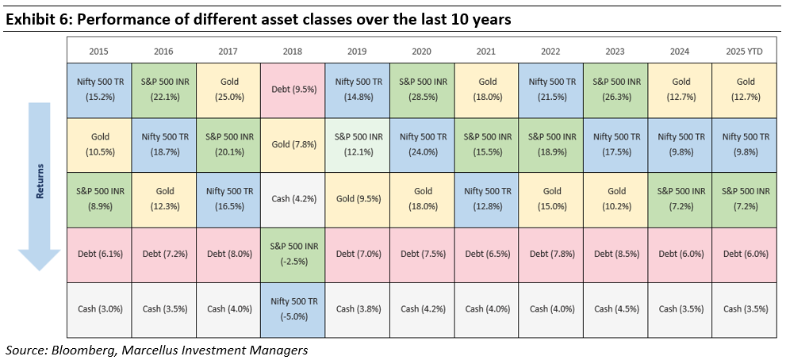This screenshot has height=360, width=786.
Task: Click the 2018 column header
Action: pos(292,49)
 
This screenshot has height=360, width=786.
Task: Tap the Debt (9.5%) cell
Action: pos(292,89)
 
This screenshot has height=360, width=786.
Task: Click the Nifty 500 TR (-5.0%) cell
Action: pos(292,309)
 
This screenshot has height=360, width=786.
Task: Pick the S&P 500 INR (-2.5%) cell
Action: pos(292,255)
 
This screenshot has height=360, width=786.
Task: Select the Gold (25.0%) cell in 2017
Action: pos(228,89)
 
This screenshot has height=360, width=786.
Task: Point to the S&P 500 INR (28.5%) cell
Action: pos(421,89)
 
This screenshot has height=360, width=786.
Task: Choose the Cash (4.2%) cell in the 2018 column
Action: pos(292,199)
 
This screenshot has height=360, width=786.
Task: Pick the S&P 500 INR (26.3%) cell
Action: pos(615,89)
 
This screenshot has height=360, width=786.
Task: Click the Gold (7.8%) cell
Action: pos(292,144)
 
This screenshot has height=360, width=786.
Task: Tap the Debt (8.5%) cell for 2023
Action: pos(615,255)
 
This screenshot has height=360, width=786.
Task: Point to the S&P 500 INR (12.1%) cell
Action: pos(356,144)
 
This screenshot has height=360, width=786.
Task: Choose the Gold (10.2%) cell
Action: pos(615,199)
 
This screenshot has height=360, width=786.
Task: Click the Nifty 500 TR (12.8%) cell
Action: pos(485,199)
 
